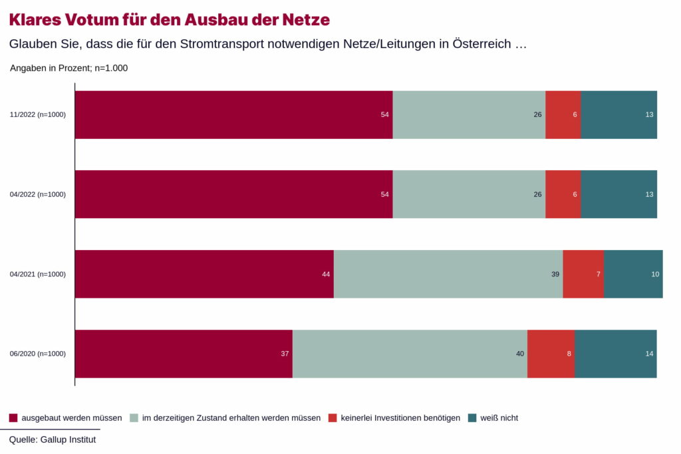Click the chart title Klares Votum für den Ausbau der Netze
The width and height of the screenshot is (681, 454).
[x=170, y=19]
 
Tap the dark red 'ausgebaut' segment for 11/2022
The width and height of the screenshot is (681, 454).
[x=233, y=115]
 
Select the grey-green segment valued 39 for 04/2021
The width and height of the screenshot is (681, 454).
[x=448, y=274]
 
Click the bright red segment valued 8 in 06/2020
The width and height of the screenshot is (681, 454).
[x=551, y=354]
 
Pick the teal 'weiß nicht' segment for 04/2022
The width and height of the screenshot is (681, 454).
[x=618, y=194]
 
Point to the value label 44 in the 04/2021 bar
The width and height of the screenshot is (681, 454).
[x=326, y=274]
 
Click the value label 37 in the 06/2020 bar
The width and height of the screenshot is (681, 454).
[x=285, y=354]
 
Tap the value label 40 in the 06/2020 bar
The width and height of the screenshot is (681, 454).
[x=520, y=354]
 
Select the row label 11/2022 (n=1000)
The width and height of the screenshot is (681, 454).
[x=38, y=115]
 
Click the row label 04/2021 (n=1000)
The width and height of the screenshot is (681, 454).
[x=38, y=274]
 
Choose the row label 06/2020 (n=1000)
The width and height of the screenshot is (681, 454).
[x=38, y=354]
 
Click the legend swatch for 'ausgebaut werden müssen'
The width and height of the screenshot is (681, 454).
[x=13, y=418]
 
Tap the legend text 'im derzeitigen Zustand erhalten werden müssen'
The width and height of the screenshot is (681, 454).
[x=231, y=418]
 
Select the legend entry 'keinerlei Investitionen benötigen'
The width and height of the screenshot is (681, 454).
[x=400, y=418]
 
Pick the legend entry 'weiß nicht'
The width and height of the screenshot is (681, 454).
[x=499, y=418]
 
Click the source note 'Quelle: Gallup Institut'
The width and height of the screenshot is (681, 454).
[x=53, y=439]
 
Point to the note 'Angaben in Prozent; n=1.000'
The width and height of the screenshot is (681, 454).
[x=68, y=68]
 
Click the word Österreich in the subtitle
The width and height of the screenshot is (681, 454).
[x=481, y=45]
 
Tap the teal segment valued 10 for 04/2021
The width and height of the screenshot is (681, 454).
[x=633, y=274]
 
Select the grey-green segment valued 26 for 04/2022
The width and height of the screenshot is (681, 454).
[x=469, y=194]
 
